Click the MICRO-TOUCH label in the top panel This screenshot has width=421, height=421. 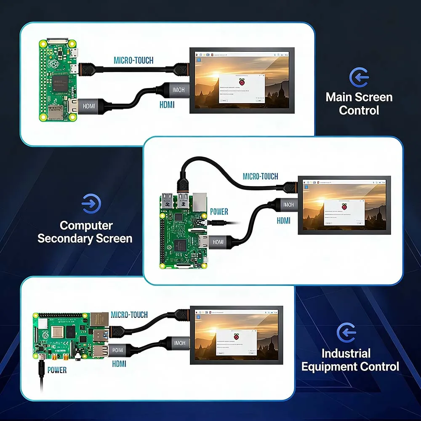coord(133,61)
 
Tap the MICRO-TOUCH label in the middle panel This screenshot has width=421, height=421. coord(260,176)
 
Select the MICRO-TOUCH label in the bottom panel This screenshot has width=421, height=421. coord(129,315)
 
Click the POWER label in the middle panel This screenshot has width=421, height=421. coord(219,212)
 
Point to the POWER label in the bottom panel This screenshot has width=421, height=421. coord(57,370)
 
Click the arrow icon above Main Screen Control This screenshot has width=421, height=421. coord(359,77)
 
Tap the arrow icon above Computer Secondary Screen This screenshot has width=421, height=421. coord(89,205)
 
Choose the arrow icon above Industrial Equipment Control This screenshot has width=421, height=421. coord(346,333)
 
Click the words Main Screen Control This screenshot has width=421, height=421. coord(359,104)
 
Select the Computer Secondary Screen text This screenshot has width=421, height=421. coord(85,232)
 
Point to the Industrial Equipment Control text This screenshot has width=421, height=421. coord(350,360)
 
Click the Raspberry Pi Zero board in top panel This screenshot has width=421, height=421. coord(58,80)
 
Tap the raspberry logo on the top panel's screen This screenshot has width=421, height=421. coord(242,82)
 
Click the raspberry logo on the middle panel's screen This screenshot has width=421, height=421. coord(344,206)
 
